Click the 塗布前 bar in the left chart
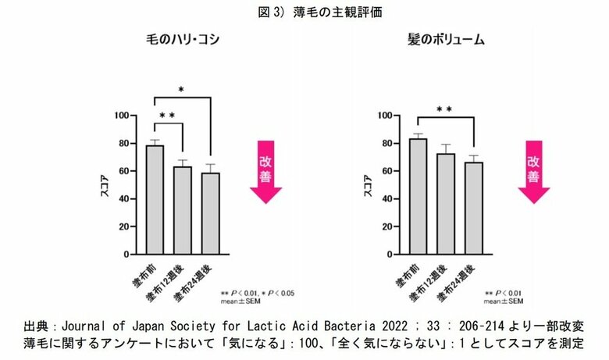pos(155,200)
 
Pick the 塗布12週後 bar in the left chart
pos(182,210)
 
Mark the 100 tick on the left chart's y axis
pos(121,116)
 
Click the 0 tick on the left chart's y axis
pos(125,255)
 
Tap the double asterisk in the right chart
pos(443,110)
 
